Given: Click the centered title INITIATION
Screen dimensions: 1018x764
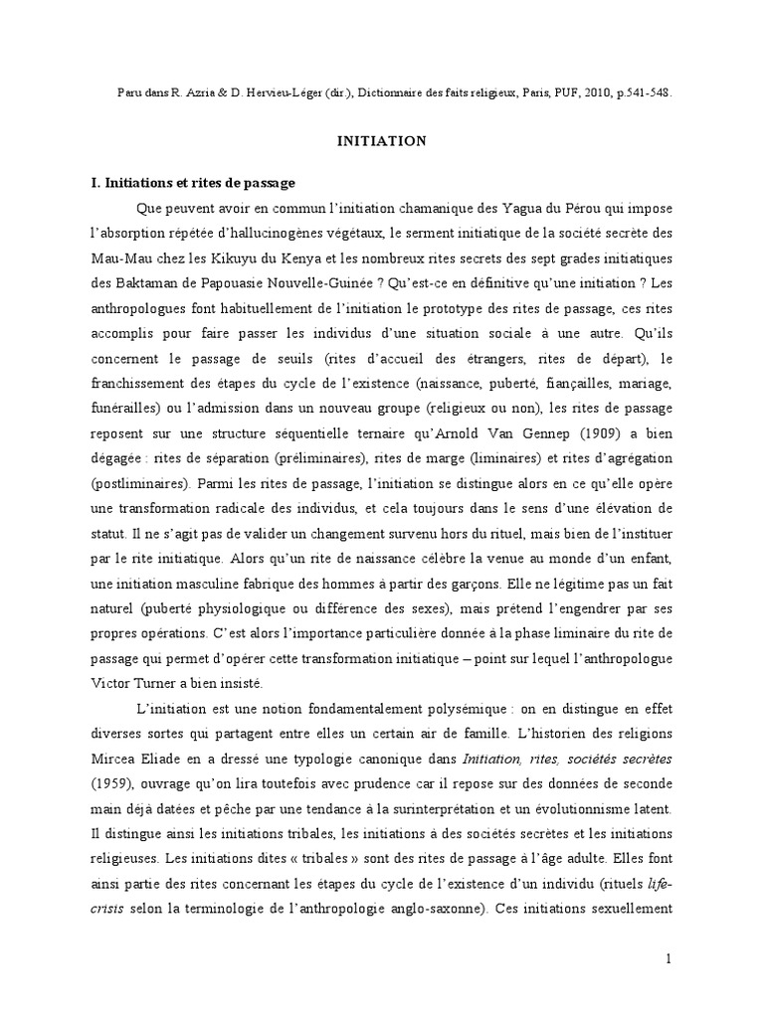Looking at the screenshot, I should pos(382,141).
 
